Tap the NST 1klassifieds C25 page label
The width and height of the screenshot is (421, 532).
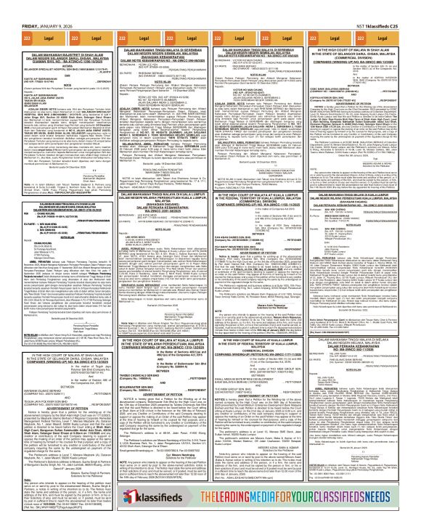(391, 6)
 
